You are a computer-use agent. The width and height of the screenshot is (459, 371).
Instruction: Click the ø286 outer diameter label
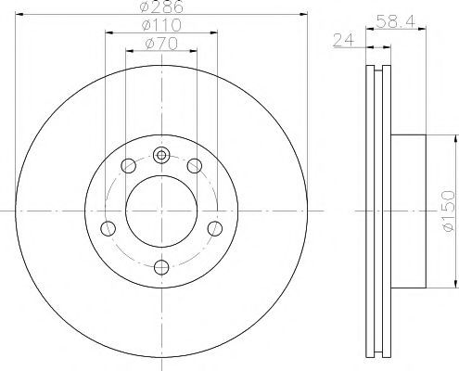pos(161,6)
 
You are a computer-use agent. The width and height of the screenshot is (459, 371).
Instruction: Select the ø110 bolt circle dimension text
pos(161,25)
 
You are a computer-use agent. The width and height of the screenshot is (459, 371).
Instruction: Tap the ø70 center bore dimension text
pos(161,44)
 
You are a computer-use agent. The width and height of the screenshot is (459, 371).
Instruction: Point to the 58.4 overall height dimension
pos(396,21)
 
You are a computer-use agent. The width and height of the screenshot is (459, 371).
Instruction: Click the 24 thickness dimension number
pos(343,40)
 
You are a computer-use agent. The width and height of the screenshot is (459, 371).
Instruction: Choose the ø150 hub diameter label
pos(449,211)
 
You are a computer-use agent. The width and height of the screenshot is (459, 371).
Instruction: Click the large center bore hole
pos(161,211)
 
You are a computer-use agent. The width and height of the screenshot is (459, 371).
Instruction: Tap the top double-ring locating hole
pos(161,155)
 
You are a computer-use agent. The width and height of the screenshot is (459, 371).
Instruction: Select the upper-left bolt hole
pos(128,166)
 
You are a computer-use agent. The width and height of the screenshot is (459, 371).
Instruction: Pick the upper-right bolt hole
pos(195,166)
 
